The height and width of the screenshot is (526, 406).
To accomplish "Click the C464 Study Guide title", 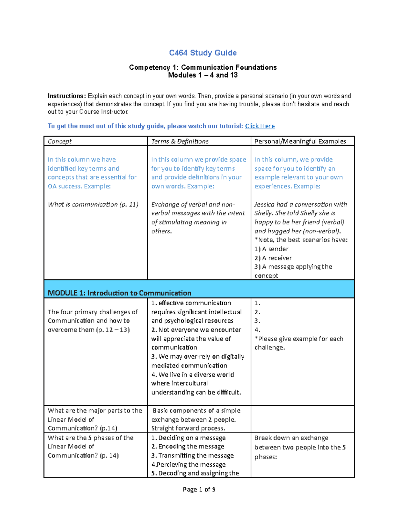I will pos(203,53).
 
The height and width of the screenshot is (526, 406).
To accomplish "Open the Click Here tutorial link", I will pos(260,126).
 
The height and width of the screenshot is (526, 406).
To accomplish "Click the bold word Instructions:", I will pos(67,96).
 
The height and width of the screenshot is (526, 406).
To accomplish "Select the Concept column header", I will pos(60,141).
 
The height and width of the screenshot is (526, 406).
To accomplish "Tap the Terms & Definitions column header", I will pos(180,141).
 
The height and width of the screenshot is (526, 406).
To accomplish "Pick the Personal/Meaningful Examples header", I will pos(300,141).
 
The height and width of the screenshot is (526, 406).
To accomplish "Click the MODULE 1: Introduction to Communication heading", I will pos(119,293).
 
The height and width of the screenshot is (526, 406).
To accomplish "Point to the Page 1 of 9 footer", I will pos(199,489).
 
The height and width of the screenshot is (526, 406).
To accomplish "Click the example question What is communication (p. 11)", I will pos(93,204).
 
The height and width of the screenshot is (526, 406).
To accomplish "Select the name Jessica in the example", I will pos(264,204).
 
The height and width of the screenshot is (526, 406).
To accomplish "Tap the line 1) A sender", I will pos(271,249).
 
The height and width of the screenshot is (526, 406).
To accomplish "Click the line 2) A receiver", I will pos(273,258).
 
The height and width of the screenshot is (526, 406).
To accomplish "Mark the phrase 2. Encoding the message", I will pos(188,446).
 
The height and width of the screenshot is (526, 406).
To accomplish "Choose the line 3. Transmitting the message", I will pos(193,456).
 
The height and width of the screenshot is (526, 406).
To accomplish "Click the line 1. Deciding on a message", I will pos(188,438).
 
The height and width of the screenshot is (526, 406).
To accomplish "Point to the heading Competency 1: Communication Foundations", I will pos(203,67).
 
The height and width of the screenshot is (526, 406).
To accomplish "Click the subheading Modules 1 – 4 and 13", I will pos(203,75).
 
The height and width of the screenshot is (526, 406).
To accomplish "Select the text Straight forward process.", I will pos(188,428).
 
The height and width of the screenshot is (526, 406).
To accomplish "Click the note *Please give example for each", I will pos(299,339).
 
